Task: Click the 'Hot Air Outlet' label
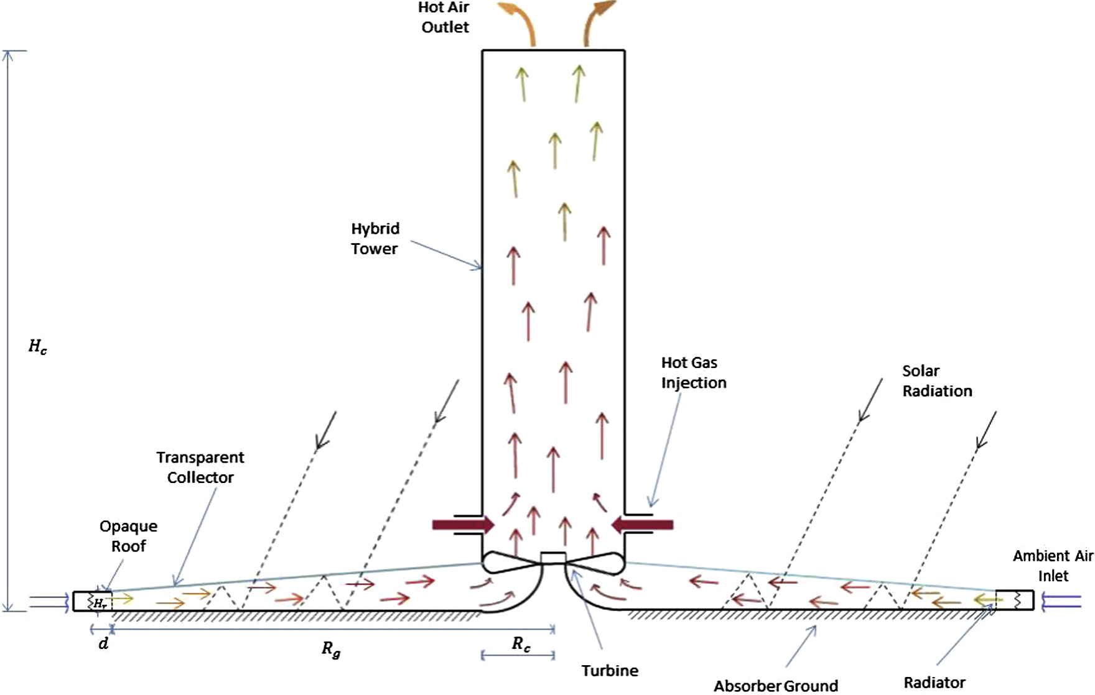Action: point(444,17)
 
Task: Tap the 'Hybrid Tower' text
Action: point(375,239)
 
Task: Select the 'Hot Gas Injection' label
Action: point(693,372)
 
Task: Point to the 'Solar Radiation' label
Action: point(936,381)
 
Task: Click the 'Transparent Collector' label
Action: point(200,467)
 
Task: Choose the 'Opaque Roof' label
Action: point(128,536)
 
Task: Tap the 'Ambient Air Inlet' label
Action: point(1052,566)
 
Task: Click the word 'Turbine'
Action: point(610,671)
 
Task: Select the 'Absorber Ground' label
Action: point(775,686)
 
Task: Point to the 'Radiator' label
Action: point(934,683)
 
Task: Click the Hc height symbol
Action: point(37,347)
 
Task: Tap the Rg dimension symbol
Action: point(331,649)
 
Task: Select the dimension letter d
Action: point(103,643)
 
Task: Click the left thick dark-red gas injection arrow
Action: point(463,525)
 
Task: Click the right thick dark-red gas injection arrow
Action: point(642,525)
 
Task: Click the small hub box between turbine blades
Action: point(553,558)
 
